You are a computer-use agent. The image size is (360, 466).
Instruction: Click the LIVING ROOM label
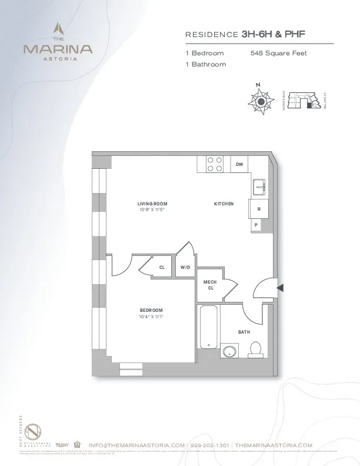(152, 204)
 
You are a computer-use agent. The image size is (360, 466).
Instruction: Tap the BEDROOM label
(151, 310)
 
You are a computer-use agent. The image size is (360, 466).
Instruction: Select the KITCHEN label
(224, 204)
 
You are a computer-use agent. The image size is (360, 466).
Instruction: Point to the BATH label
(244, 332)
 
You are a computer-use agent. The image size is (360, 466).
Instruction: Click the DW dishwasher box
(239, 165)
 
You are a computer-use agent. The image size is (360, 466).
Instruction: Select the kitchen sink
(259, 187)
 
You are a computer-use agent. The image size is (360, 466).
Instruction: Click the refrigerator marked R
(258, 209)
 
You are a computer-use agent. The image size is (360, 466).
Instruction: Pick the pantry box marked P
(256, 225)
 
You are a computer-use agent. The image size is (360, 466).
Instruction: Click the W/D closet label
(185, 267)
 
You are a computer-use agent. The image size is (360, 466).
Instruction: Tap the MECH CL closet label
(210, 285)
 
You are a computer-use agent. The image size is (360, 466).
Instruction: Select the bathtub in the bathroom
(208, 328)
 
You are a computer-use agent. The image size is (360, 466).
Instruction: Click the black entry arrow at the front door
(281, 288)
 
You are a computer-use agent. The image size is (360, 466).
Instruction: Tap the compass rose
(259, 102)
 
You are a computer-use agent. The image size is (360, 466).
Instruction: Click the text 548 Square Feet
(278, 54)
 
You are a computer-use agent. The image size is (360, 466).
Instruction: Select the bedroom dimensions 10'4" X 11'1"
(151, 317)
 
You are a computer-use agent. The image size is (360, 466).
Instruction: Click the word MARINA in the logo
(58, 49)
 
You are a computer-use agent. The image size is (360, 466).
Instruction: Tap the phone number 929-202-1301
(209, 445)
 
